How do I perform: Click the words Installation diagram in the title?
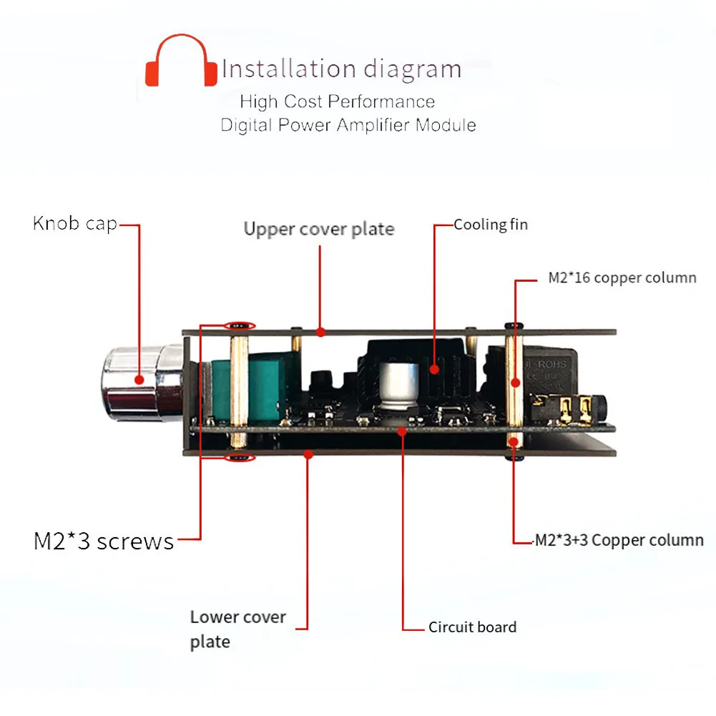341,69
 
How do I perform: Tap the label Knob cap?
74,223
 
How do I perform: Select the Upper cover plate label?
318,229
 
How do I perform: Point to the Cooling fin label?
491,225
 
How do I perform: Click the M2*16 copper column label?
622,278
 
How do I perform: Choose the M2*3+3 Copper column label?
619,540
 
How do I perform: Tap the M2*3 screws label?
104,541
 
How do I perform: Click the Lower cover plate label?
237,629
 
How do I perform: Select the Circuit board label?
472,627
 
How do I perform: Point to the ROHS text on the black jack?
551,364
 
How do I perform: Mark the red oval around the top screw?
240,325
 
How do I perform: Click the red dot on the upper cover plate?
321,332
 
